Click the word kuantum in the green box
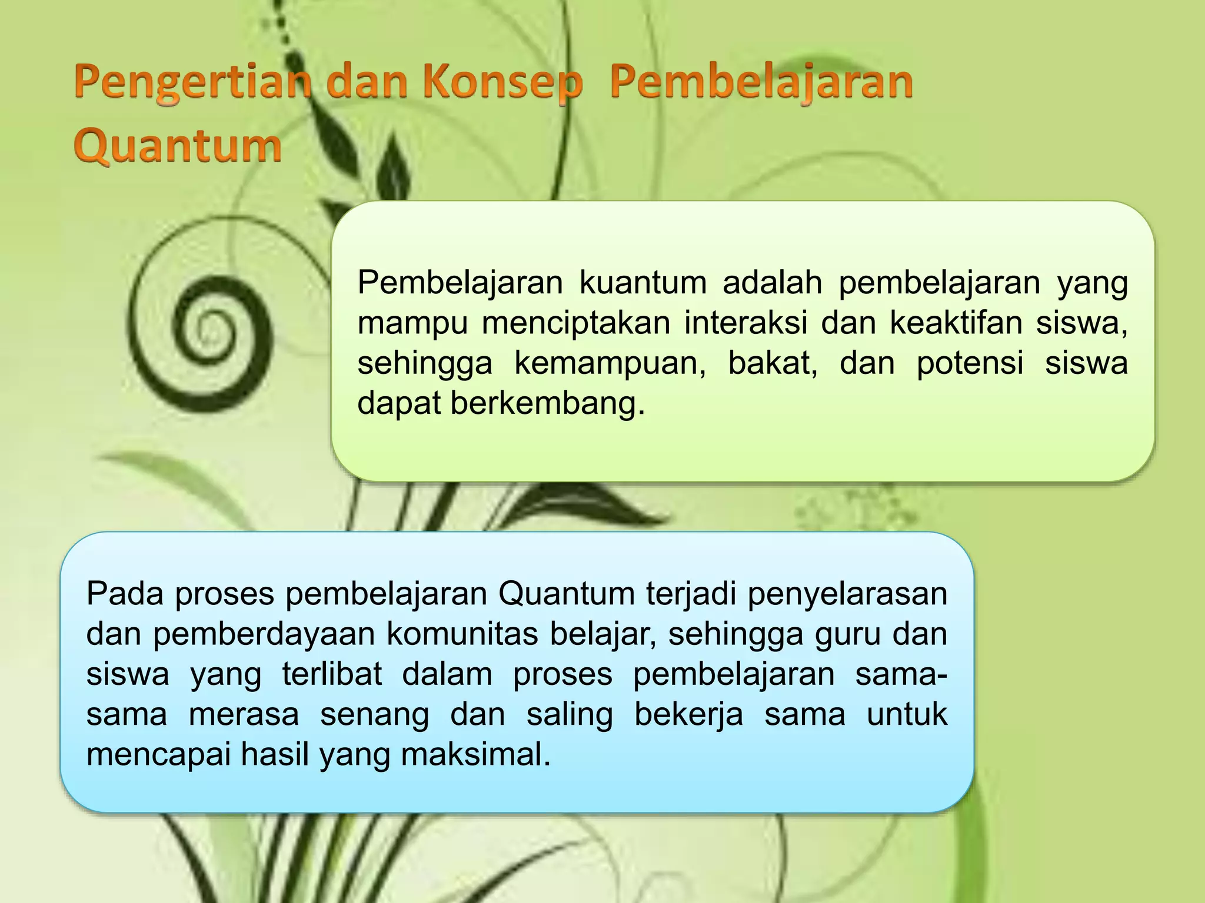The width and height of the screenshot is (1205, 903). (643, 283)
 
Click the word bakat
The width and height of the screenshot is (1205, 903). (773, 363)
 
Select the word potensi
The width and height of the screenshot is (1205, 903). (970, 363)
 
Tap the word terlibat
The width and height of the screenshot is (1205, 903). (332, 674)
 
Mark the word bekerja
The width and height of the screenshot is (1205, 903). (688, 715)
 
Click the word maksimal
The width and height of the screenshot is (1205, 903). (476, 755)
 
